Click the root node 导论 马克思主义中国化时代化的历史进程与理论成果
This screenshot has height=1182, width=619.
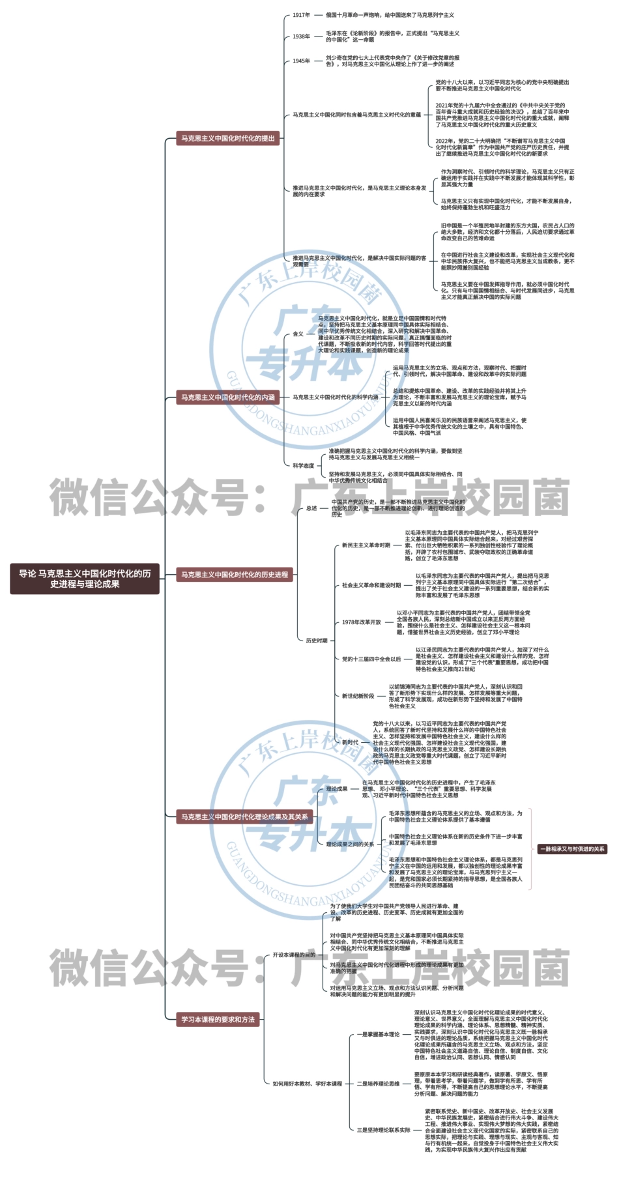click(85, 579)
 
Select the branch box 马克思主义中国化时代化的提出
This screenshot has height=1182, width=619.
click(228, 138)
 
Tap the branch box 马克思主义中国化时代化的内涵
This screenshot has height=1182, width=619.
click(228, 397)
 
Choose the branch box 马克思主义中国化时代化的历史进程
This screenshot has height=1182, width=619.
click(235, 574)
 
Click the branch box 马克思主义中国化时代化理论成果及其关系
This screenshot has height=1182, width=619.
click(244, 816)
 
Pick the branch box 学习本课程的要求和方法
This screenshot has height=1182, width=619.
click(218, 1019)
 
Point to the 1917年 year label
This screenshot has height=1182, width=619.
click(301, 15)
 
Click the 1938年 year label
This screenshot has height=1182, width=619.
click(301, 36)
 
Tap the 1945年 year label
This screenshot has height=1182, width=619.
click(301, 61)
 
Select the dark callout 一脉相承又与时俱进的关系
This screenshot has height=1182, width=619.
click(572, 848)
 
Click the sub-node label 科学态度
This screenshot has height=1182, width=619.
click(303, 465)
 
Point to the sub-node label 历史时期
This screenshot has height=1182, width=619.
click(317, 641)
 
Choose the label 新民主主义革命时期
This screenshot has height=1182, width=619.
click(366, 545)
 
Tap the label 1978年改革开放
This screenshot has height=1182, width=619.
click(362, 622)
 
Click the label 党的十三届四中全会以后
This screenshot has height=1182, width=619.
click(371, 659)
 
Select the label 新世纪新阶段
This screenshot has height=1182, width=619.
click(358, 696)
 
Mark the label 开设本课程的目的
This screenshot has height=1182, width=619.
click(294, 955)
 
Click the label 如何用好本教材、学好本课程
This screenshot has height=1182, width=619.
click(307, 1084)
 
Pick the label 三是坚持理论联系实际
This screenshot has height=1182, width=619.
click(383, 1130)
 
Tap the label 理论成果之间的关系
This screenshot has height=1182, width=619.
click(350, 844)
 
